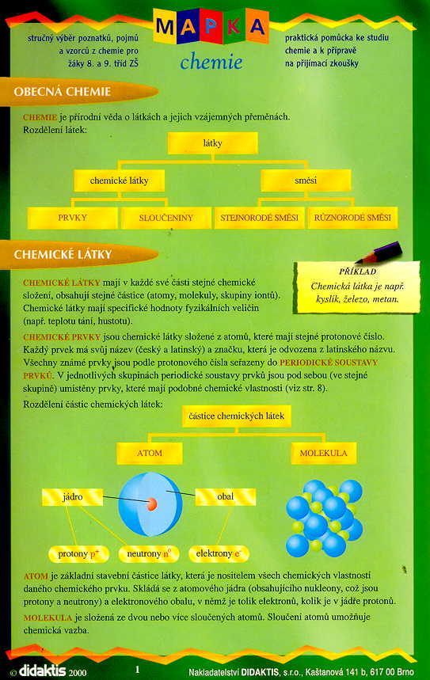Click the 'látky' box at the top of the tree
212,143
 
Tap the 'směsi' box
305,180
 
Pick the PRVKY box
72,217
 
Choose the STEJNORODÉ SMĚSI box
260,217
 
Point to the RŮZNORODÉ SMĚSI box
352,217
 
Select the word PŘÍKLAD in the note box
356,272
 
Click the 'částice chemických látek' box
237,416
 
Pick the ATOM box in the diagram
150,454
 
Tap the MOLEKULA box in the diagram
322,454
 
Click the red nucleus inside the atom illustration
150,503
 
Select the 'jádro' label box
73,496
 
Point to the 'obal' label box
225,496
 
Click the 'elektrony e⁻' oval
219,553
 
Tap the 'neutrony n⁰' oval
150,553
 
